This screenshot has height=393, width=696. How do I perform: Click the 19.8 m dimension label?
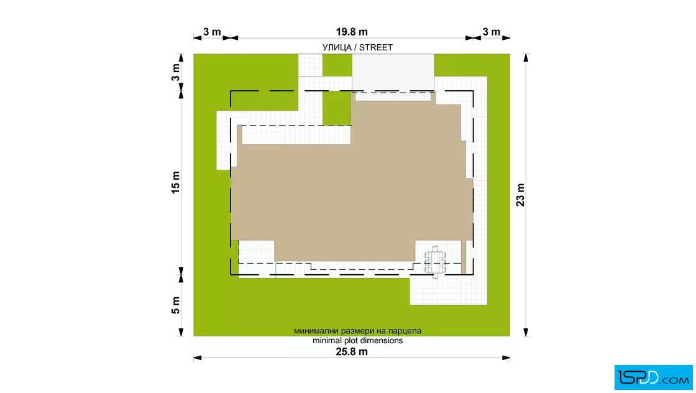coord(352,32)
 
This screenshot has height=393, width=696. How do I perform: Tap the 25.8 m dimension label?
coord(352,352)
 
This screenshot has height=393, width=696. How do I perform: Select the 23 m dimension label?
coord(520,195)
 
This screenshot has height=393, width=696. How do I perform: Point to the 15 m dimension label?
coord(176,182)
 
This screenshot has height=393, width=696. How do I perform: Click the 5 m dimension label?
coord(176,305)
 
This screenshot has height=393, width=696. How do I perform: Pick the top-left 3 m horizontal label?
coord(212,32)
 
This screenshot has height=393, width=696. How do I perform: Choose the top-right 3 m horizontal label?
coord(492,32)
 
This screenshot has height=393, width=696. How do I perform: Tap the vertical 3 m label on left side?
coord(176,72)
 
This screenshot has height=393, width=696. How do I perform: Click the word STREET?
coord(376,47)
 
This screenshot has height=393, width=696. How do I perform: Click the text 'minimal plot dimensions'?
coord(358,341)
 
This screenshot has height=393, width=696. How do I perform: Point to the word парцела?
coord(405,331)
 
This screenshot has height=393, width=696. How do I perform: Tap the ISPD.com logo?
coord(653,377)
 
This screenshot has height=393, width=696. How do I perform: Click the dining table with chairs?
coord(435,262)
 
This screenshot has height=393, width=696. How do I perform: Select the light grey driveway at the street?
coord(393,72)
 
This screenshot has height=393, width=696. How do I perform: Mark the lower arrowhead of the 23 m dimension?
coord(526,332)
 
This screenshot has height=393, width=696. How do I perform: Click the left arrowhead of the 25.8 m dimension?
coord(198,358)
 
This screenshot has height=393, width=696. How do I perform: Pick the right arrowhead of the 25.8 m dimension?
coord(506,358)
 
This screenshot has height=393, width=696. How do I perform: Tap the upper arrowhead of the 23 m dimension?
coord(526,58)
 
